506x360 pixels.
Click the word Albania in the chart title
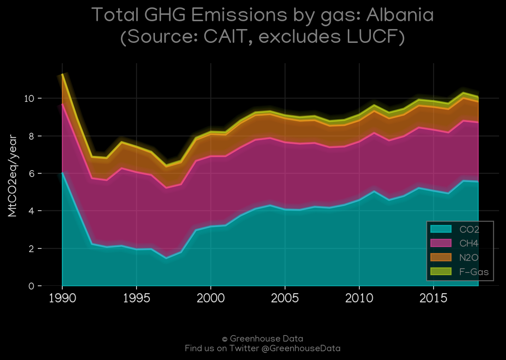tap(400, 15)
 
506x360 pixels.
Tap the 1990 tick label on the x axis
tap(62, 298)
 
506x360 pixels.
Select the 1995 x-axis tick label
tap(137, 298)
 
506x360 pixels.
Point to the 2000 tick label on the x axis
tap(211, 298)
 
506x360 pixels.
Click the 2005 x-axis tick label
tap(285, 298)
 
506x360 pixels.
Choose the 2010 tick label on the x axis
tap(359, 298)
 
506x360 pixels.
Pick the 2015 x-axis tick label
tap(434, 298)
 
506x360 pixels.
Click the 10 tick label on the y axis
tap(29, 98)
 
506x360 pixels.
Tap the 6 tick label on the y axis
tap(31, 174)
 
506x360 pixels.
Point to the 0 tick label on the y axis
tap(31, 286)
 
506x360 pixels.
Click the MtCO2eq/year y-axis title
tap(12, 176)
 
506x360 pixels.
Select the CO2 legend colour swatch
tap(441, 229)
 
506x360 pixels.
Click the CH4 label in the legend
tap(469, 243)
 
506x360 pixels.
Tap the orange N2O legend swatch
tap(441, 257)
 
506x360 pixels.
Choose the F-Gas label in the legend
tap(474, 272)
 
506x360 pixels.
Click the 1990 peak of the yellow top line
tap(62, 75)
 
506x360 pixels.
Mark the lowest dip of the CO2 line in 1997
tap(166, 258)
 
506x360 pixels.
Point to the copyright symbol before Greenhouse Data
tap(225, 339)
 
